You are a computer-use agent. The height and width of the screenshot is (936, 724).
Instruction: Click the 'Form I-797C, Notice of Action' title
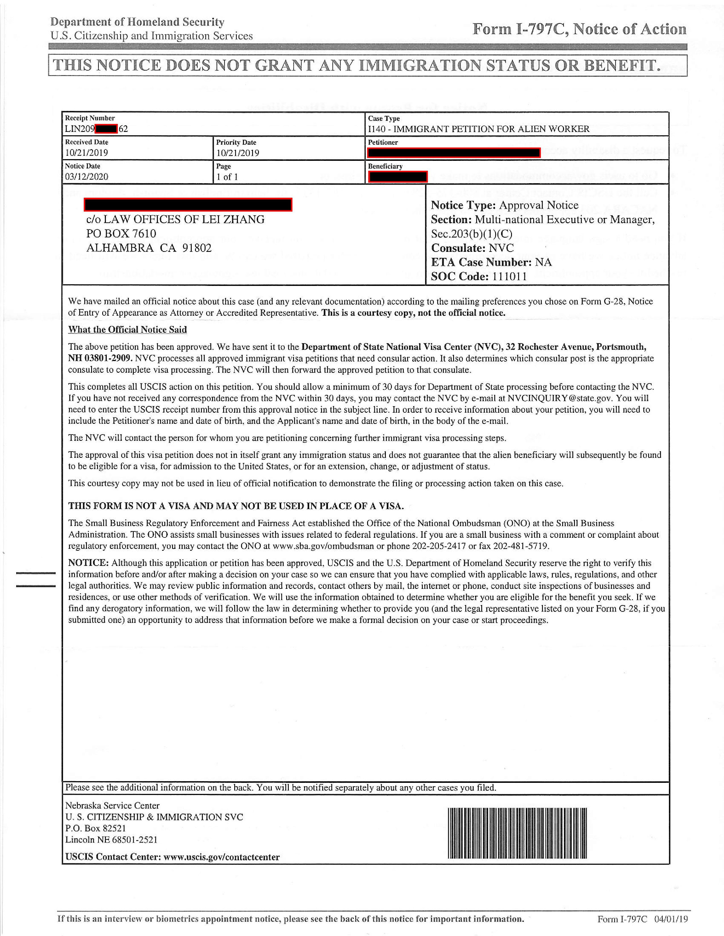pyautogui.click(x=579, y=29)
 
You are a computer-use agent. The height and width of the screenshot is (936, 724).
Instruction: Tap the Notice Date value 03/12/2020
pyautogui.click(x=87, y=177)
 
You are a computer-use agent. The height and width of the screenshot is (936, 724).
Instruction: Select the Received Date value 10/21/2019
pyautogui.click(x=87, y=153)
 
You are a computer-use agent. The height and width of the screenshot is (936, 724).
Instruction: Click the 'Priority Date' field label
pyautogui.click(x=236, y=142)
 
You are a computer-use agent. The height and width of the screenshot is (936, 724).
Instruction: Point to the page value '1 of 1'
pyautogui.click(x=227, y=177)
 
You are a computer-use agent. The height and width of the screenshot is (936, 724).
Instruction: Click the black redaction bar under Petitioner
pyautogui.click(x=454, y=153)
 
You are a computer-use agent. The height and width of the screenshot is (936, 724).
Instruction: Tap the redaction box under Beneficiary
pyautogui.click(x=397, y=177)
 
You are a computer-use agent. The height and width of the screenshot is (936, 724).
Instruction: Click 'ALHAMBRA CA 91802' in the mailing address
pyautogui.click(x=149, y=248)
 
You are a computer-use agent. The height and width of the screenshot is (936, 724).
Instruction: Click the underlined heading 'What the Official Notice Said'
pyautogui.click(x=127, y=330)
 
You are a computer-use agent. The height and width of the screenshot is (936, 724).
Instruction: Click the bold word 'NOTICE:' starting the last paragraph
pyautogui.click(x=88, y=563)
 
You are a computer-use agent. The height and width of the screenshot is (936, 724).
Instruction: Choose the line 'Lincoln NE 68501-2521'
pyautogui.click(x=111, y=840)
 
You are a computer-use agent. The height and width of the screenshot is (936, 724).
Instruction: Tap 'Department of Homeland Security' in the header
pyautogui.click(x=137, y=22)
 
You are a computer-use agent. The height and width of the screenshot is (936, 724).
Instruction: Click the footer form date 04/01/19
pyautogui.click(x=671, y=919)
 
